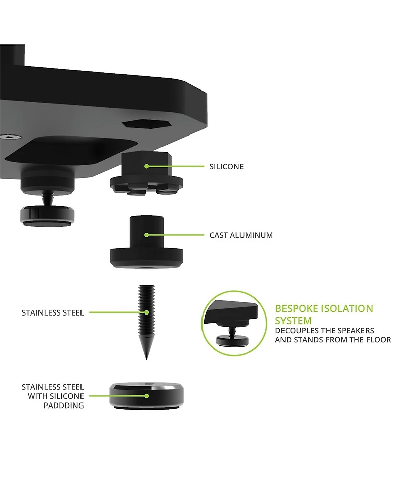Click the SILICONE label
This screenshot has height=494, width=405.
(226, 167)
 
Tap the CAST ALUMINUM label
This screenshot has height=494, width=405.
(241, 235)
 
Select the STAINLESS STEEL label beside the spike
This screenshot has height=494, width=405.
(53, 313)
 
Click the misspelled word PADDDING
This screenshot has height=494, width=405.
(63, 406)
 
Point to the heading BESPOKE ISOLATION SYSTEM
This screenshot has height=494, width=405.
(323, 314)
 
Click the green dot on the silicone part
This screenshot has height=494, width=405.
(146, 166)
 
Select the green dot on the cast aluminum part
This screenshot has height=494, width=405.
(146, 235)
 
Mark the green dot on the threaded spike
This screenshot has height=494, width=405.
(146, 312)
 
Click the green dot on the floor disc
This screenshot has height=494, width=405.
(146, 396)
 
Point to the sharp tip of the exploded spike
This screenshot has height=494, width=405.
(146, 358)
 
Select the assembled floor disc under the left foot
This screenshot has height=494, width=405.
(48, 214)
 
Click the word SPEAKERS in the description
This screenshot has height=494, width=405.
(353, 330)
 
